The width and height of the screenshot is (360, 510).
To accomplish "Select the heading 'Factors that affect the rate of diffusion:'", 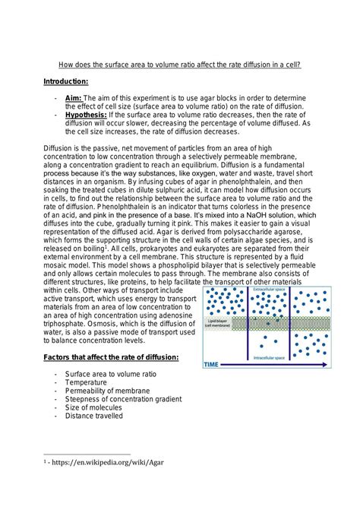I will click(111, 357).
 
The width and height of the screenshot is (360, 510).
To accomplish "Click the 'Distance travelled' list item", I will click(94, 416).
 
